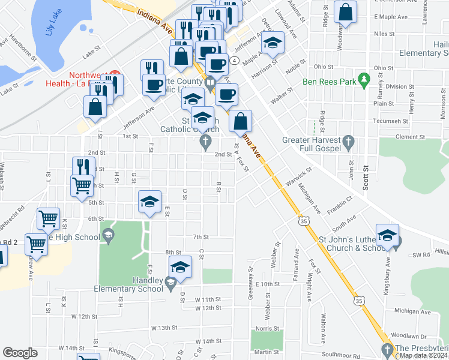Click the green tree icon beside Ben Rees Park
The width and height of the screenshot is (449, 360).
(363, 80)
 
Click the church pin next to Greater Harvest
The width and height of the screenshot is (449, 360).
(348, 142)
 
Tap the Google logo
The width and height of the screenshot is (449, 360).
(20, 353)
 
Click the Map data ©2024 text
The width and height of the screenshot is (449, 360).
(423, 355)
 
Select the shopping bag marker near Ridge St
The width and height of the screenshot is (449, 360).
(346, 13)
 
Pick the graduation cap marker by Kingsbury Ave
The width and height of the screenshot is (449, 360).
(388, 235)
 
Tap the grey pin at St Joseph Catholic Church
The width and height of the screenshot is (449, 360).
(205, 142)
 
